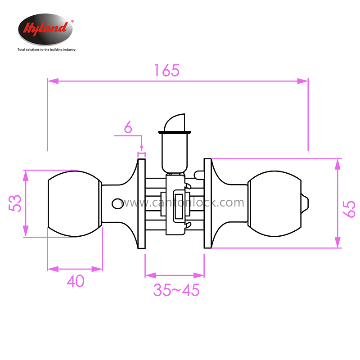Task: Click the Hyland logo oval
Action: (45, 29)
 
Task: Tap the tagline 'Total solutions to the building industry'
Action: (46, 49)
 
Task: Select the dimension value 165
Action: (167, 70)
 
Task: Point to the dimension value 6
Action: (128, 127)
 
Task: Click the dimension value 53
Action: (15, 203)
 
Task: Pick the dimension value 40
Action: (76, 281)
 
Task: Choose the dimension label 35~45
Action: (176, 290)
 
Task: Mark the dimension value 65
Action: (349, 209)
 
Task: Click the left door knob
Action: (75, 204)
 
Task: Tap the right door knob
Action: (274, 204)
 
